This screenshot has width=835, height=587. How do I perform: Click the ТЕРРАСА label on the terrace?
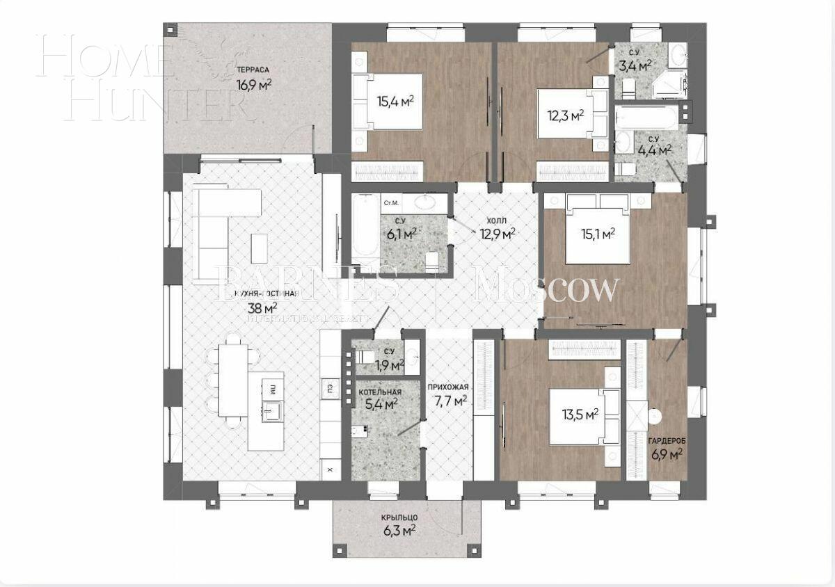pyautogui.click(x=253, y=70)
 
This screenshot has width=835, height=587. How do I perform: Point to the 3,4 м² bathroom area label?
pyautogui.click(x=635, y=66)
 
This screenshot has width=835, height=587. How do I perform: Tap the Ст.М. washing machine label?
pyautogui.click(x=391, y=203)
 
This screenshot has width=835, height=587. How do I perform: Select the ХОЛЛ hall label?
pyautogui.click(x=498, y=219)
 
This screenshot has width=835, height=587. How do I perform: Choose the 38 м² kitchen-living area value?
pyautogui.click(x=262, y=307)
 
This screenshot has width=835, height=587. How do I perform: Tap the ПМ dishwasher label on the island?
pyautogui.click(x=273, y=387)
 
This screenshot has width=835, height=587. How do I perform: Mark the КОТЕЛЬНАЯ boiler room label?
pyautogui.click(x=379, y=392)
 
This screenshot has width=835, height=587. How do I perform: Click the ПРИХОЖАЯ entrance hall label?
pyautogui.click(x=448, y=387)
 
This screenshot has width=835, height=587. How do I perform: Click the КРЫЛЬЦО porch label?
pyautogui.click(x=399, y=517)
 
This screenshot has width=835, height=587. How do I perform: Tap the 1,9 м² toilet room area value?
pyautogui.click(x=390, y=364)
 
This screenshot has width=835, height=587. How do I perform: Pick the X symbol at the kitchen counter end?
pyautogui.click(x=330, y=470)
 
